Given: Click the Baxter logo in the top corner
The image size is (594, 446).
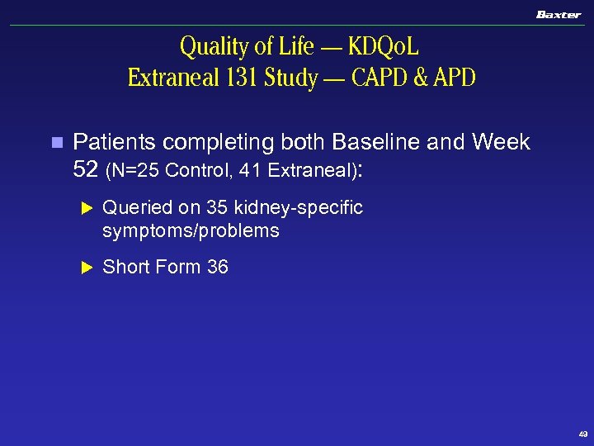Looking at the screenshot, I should click(559, 15).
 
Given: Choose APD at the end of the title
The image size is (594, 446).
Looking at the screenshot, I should click(453, 78).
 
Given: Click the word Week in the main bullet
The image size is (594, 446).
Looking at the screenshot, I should click(501, 143).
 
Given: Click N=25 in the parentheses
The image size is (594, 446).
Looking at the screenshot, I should click(136, 171).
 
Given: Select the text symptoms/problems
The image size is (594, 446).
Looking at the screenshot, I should click(191, 231).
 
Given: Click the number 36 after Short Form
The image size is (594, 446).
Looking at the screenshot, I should click(218, 267).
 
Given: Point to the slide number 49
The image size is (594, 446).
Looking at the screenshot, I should click(583, 434).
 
